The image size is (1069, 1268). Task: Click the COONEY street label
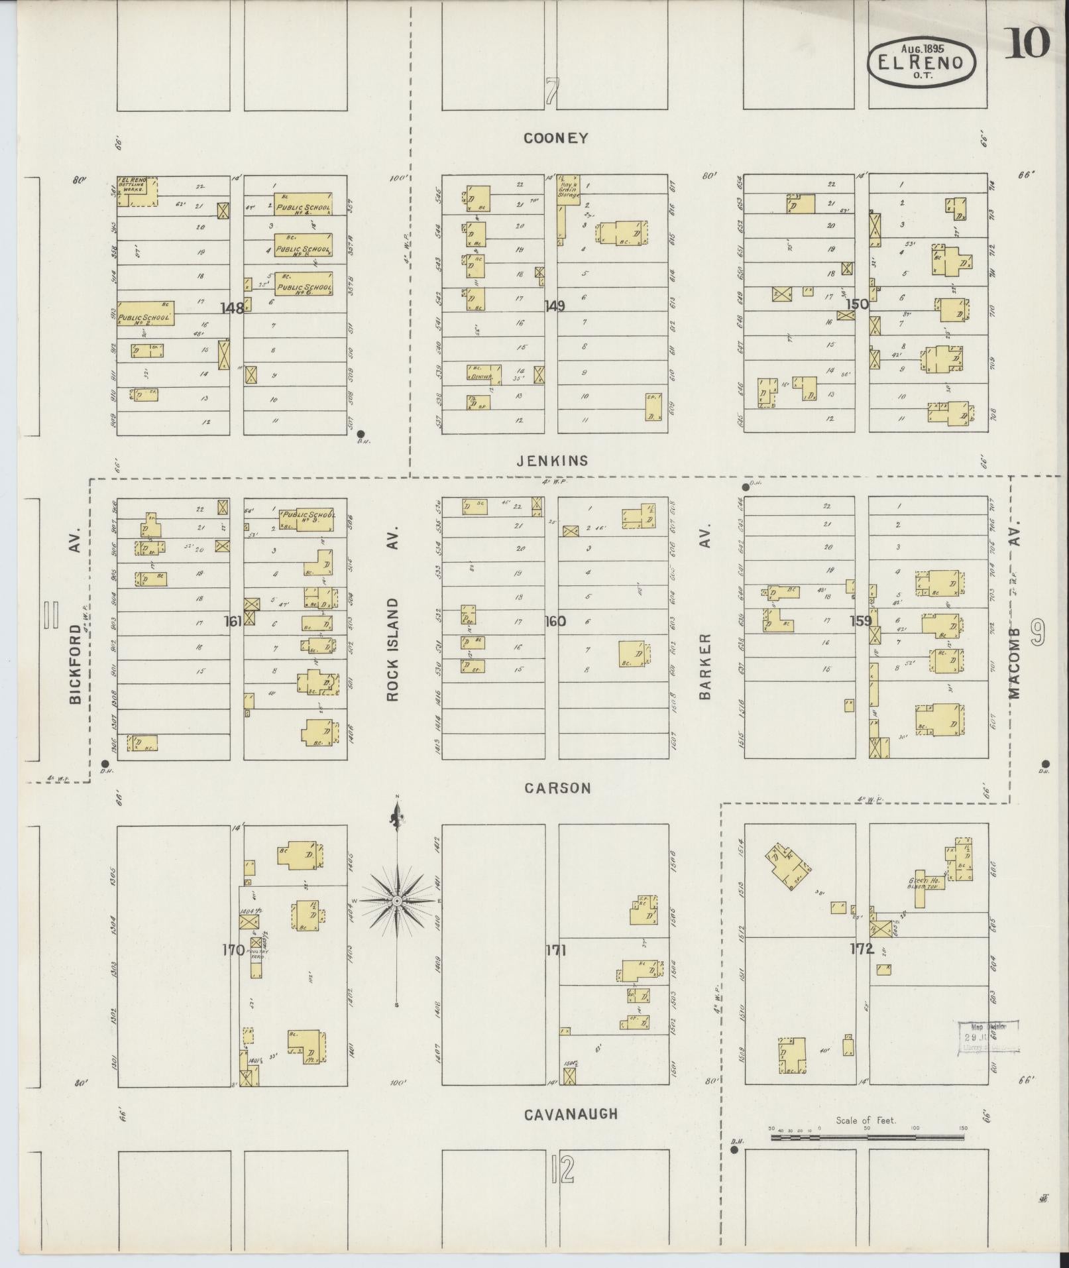555,138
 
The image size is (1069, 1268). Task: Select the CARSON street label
557,788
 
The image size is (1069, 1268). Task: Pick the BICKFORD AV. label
75,650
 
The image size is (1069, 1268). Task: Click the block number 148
232,308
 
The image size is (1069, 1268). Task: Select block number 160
555,621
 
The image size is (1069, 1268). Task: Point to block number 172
862,950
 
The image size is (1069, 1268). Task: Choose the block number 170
233,950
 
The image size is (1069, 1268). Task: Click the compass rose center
396,901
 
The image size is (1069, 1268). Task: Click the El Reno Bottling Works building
137,190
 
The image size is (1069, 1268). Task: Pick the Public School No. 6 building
304,285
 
